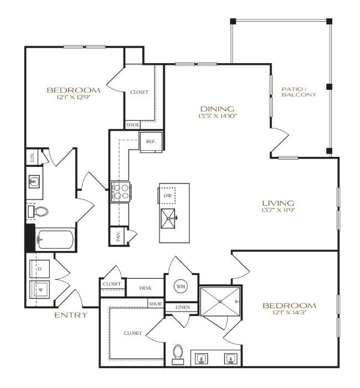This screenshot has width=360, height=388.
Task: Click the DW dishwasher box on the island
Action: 168,196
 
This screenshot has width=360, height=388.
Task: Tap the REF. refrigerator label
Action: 151,141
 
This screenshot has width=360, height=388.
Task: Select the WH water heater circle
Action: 181,287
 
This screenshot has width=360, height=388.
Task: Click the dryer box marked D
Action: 40,269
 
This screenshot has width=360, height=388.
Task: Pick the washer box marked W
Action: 40,289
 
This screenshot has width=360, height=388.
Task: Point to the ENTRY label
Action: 70,315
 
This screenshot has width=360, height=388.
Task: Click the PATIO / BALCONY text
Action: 299,91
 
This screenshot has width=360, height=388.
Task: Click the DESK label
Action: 145,288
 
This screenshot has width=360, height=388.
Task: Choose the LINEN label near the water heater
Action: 183,307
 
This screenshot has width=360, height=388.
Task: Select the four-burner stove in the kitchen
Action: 120,192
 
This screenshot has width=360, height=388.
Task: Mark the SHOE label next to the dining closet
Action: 132,125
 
